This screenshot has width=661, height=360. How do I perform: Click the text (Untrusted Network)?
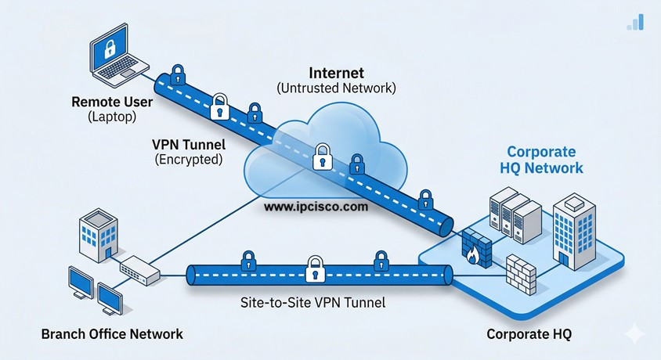[336, 88]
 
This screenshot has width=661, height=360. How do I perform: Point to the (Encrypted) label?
[187, 159]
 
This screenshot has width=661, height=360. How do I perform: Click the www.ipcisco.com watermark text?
[316, 207]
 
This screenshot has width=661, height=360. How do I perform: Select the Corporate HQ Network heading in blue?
[541, 160]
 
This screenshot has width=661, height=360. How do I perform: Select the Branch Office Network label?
[112, 334]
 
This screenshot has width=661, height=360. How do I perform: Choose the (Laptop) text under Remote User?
[111, 117]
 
